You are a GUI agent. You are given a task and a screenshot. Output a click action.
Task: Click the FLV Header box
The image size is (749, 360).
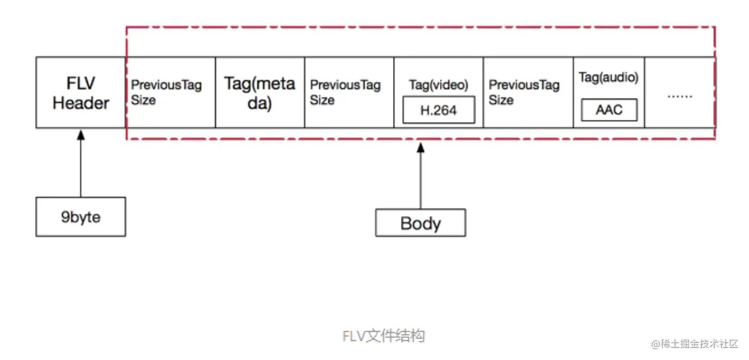point(81,92)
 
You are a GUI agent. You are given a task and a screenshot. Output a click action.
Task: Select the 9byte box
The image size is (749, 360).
point(81,217)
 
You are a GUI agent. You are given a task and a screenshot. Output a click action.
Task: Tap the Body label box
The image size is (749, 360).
point(421,223)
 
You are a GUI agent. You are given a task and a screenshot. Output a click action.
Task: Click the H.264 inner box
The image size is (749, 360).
point(439,110)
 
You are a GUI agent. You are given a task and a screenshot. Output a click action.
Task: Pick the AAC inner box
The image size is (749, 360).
point(609,110)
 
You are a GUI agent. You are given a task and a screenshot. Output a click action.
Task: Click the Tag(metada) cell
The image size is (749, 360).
point(260,92)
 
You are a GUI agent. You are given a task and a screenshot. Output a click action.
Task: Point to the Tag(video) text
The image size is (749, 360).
point(439,85)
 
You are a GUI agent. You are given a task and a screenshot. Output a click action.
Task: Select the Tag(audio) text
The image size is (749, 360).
point(609,77)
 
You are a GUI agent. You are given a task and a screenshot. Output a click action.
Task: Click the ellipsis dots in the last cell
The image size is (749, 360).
point(680,97)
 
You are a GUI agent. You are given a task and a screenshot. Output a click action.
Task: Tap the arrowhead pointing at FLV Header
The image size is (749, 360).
point(81,135)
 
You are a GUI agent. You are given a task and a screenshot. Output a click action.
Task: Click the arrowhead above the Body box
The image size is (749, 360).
point(421,147)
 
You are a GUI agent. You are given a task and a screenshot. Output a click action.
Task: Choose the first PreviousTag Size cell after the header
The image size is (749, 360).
point(171,92)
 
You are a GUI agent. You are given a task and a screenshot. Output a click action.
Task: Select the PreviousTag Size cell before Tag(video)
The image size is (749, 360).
point(349,92)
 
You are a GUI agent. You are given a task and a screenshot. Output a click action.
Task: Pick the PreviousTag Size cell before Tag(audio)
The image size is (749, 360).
point(528,92)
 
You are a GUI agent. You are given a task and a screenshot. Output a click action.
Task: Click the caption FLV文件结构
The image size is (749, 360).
point(384,336)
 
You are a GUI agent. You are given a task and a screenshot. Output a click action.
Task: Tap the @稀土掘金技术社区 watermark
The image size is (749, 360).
point(695,344)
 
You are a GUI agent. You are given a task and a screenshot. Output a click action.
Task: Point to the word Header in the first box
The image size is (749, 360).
point(81,103)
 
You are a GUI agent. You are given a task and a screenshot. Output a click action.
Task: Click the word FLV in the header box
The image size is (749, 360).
point(81,83)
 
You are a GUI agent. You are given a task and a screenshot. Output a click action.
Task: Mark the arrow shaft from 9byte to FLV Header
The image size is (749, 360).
point(81,168)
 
